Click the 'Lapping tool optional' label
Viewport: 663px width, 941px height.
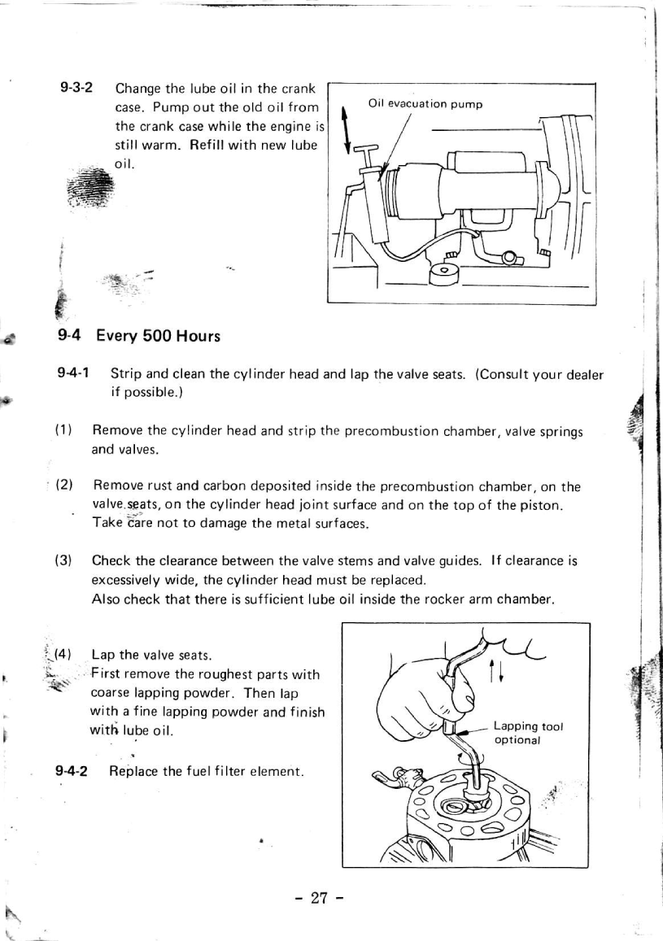(x=528, y=733)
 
